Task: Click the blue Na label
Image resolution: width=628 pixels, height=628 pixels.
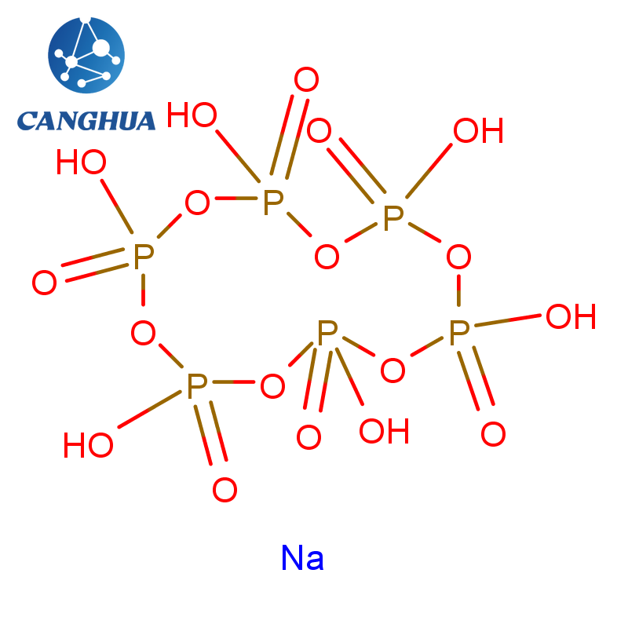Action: [x=302, y=557]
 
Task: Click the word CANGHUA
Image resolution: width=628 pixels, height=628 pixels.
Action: [x=86, y=121]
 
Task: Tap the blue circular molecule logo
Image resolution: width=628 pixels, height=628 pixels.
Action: [x=86, y=55]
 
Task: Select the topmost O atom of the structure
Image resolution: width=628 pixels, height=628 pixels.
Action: [x=306, y=79]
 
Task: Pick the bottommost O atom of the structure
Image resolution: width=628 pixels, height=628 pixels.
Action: [x=225, y=489]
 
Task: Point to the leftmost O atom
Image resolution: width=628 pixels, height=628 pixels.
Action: [x=44, y=283]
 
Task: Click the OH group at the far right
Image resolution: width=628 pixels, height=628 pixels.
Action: [x=571, y=316]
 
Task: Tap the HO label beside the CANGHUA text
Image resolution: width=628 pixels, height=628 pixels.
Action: [x=192, y=115]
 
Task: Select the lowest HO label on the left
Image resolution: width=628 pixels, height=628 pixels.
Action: [x=88, y=445]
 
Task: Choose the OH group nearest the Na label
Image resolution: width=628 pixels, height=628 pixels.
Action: [x=384, y=431]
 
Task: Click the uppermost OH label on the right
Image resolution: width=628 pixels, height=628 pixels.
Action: [x=478, y=130]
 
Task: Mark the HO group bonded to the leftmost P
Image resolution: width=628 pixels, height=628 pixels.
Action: [x=81, y=162]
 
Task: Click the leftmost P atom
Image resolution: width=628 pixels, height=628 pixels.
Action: [x=144, y=257]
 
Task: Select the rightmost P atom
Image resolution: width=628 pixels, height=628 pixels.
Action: [x=459, y=332]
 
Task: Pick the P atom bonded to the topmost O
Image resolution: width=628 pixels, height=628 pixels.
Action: [x=273, y=203]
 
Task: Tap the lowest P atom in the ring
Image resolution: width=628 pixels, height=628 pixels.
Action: [x=197, y=386]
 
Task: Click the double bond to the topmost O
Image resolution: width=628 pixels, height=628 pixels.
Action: [x=290, y=137]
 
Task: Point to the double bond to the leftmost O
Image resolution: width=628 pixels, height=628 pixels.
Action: [x=94, y=265]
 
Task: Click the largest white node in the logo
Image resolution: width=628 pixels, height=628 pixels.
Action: [x=100, y=48]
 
